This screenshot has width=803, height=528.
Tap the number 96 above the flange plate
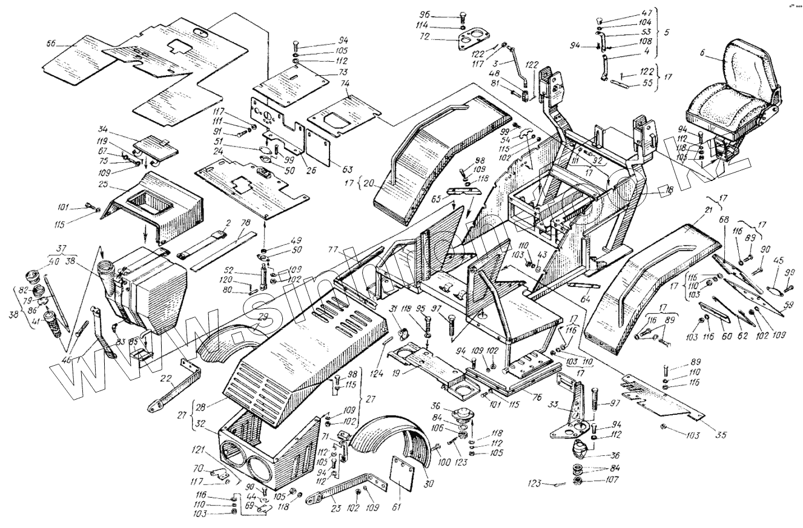tap(426, 15)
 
